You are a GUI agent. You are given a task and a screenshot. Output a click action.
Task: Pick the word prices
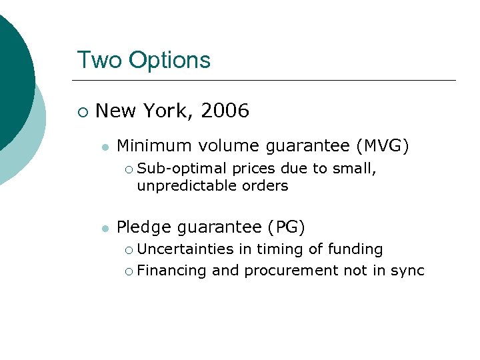254,169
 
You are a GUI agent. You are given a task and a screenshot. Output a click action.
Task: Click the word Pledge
142,227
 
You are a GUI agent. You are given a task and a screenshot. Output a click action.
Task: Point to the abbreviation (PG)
286,227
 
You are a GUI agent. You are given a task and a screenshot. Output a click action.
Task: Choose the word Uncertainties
185,249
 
